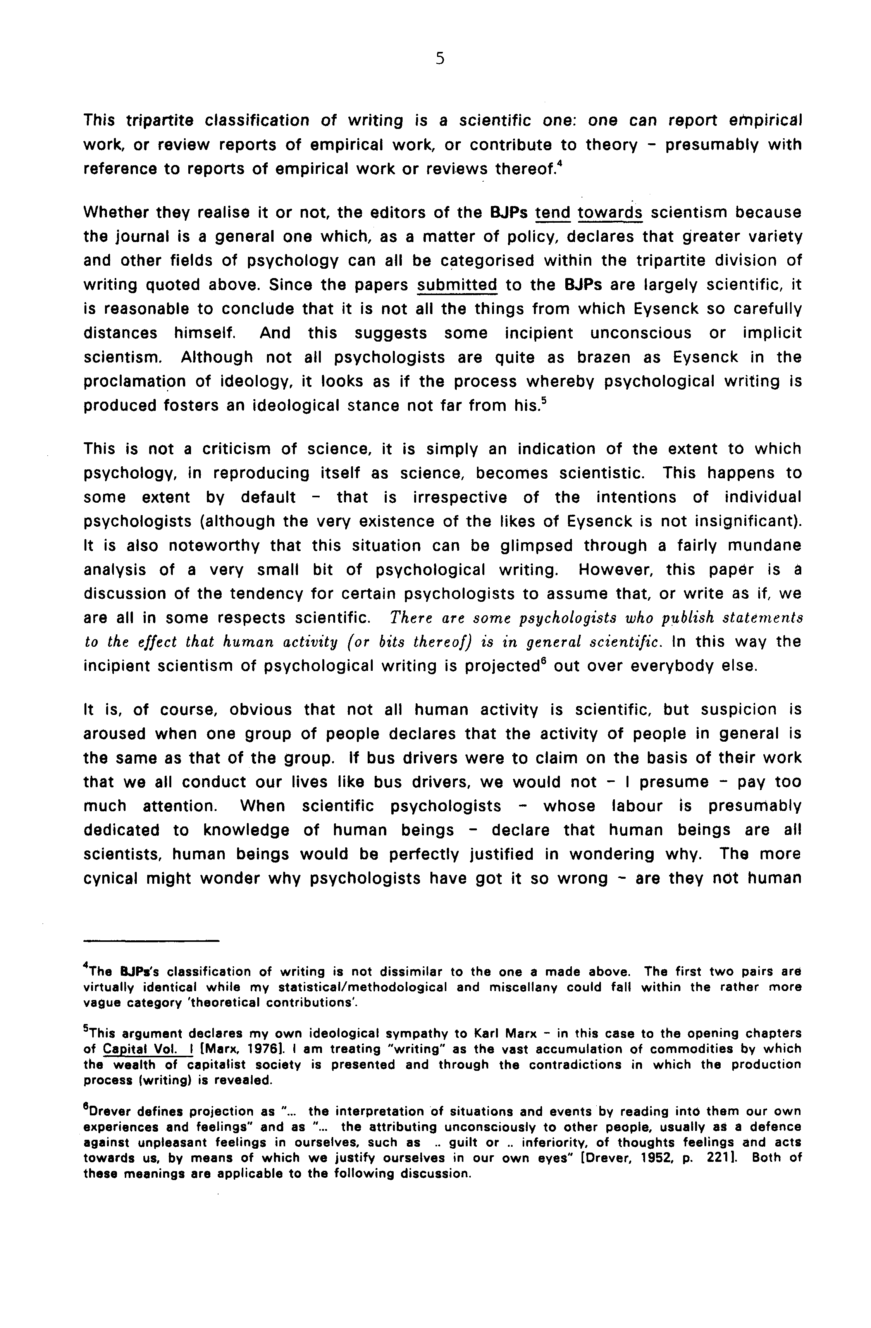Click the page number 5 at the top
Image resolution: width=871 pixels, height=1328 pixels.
440,58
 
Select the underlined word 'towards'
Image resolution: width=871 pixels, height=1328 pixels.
610,213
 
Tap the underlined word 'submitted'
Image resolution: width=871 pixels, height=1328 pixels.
457,285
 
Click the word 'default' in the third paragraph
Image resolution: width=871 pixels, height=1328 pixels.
268,497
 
